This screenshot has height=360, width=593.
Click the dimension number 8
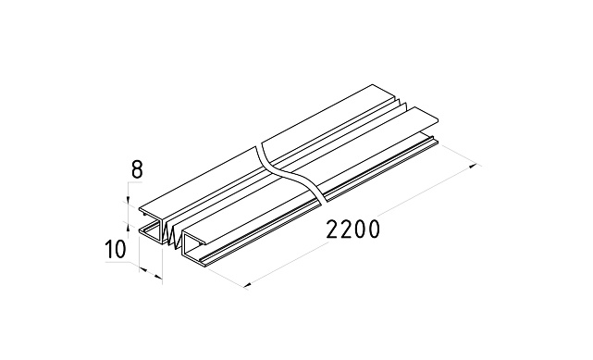click(137, 169)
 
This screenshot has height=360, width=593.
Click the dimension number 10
click(115, 249)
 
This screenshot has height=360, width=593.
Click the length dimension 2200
click(352, 230)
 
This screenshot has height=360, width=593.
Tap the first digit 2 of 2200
click(332, 230)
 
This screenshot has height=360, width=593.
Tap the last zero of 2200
click(373, 230)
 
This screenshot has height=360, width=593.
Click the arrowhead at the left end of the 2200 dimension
click(248, 285)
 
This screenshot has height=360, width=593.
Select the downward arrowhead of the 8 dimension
click(129, 201)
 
